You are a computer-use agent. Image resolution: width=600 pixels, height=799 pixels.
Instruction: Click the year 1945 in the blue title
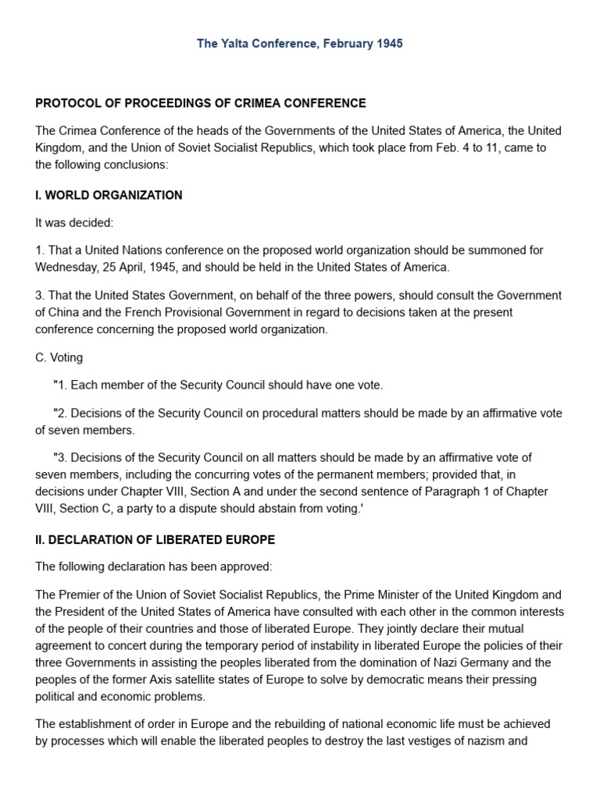coord(388,44)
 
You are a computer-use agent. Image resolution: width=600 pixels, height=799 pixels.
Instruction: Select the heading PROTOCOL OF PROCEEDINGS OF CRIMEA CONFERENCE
coord(200,103)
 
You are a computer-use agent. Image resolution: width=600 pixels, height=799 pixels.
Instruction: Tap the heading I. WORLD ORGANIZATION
coord(109,195)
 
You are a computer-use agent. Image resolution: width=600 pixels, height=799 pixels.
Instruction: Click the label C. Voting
coord(59,357)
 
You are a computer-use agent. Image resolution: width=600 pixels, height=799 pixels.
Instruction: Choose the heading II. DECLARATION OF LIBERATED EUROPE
coord(155,540)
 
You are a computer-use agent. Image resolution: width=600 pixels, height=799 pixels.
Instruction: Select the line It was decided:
coord(74,223)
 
